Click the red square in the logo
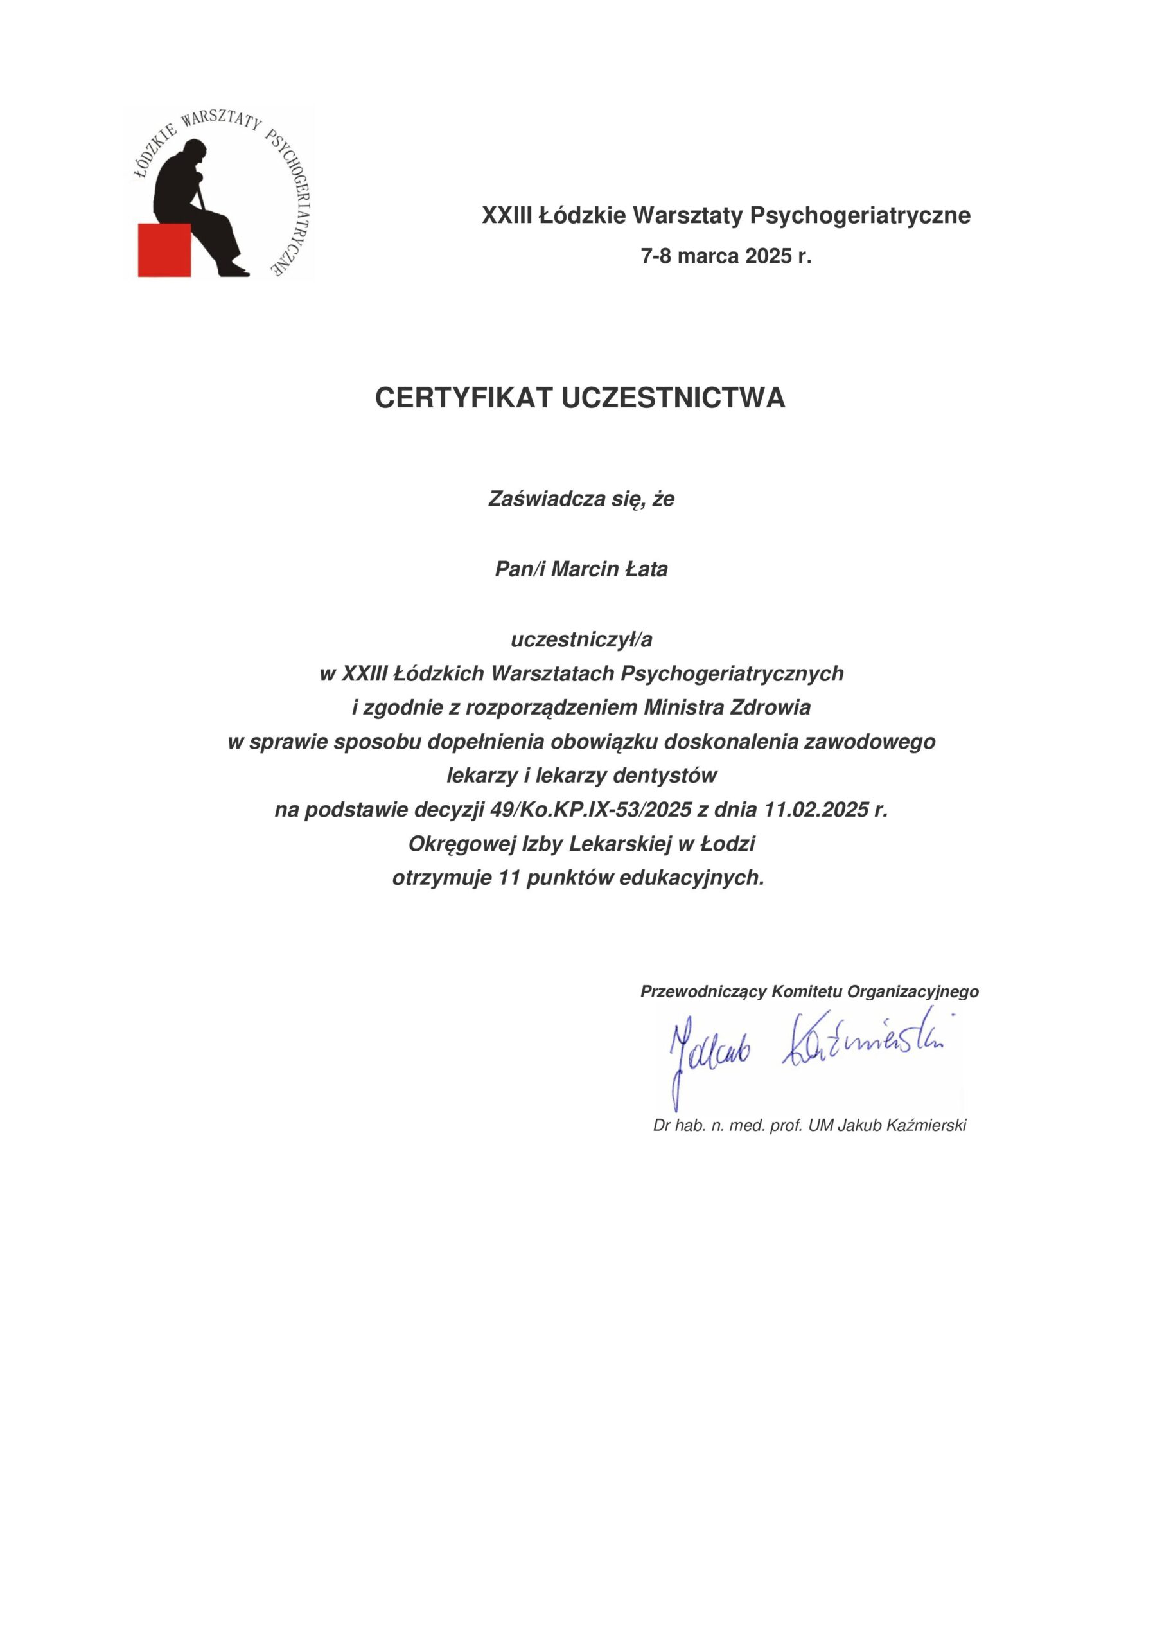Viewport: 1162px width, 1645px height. (164, 249)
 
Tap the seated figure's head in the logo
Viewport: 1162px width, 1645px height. (193, 154)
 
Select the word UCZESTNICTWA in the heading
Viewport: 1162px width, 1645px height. (673, 398)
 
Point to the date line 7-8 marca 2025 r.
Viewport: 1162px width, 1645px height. (726, 256)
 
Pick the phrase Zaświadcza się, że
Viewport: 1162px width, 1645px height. (581, 499)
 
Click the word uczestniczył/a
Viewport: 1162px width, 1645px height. (581, 639)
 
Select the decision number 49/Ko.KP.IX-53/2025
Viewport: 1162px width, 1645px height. (591, 810)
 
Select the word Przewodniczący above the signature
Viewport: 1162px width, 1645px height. (703, 991)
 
